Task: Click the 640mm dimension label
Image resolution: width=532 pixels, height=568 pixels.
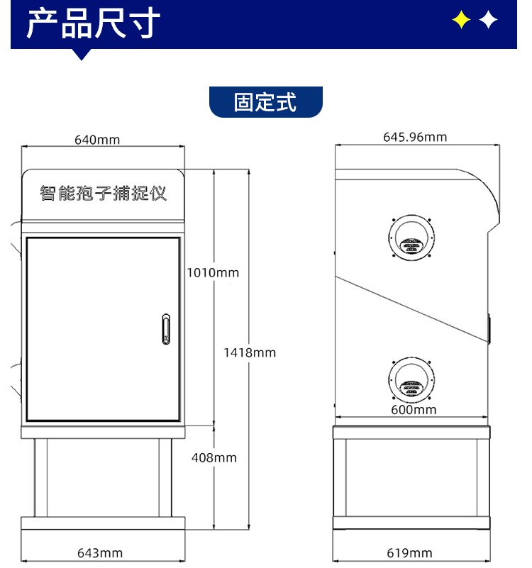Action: [x=97, y=140]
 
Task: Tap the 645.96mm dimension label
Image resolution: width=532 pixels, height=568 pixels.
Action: [x=415, y=138]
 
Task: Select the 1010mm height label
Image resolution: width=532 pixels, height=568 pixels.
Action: [x=213, y=273]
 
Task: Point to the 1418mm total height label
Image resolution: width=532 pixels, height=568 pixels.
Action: [x=250, y=353]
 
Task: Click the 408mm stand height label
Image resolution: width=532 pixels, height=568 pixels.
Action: [x=214, y=458]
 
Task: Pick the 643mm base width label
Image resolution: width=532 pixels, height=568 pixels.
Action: [x=99, y=553]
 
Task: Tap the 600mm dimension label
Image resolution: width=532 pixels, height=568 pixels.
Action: [x=414, y=410]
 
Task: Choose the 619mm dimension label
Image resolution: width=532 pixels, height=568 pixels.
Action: [x=409, y=553]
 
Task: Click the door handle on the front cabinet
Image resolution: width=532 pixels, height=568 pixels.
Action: [x=166, y=329]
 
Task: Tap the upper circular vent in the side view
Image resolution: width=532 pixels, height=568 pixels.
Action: [x=411, y=216]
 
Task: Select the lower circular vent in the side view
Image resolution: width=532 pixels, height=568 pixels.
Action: [x=411, y=359]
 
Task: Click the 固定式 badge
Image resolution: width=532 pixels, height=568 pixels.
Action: [x=265, y=102]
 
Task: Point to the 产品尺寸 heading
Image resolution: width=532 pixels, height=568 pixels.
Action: [x=93, y=24]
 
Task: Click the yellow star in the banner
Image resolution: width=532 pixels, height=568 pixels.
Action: [x=461, y=20]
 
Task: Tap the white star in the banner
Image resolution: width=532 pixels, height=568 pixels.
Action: [x=488, y=20]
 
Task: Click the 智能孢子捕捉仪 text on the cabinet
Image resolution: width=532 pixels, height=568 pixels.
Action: [x=104, y=193]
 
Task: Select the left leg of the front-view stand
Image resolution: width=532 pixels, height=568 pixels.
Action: [x=40, y=478]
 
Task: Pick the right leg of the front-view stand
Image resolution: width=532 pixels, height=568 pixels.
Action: [x=165, y=478]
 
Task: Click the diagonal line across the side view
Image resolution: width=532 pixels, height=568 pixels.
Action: [x=411, y=309]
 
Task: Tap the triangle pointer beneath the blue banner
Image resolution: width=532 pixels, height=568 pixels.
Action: [x=81, y=55]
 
